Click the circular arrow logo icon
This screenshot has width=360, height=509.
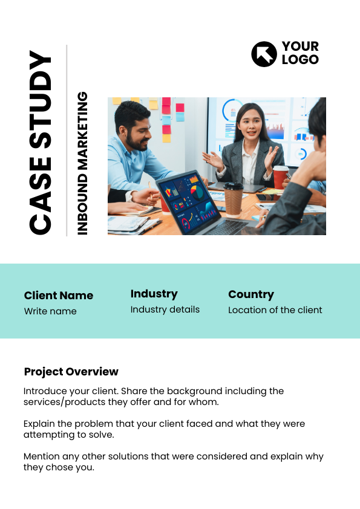pos(264,54)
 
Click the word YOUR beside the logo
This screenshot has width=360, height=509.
pos(300,47)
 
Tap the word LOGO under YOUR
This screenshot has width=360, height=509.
pos(300,60)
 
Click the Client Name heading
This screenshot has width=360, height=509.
pos(59,296)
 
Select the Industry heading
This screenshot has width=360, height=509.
pos(154,294)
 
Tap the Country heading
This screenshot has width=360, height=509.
pos(251,294)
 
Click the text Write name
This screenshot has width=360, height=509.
pos(50,311)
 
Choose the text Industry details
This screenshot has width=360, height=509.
pos(165,310)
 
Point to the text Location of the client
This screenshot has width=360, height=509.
pos(275,310)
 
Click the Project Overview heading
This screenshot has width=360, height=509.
pos(71,372)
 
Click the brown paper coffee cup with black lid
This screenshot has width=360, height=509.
pos(234,199)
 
